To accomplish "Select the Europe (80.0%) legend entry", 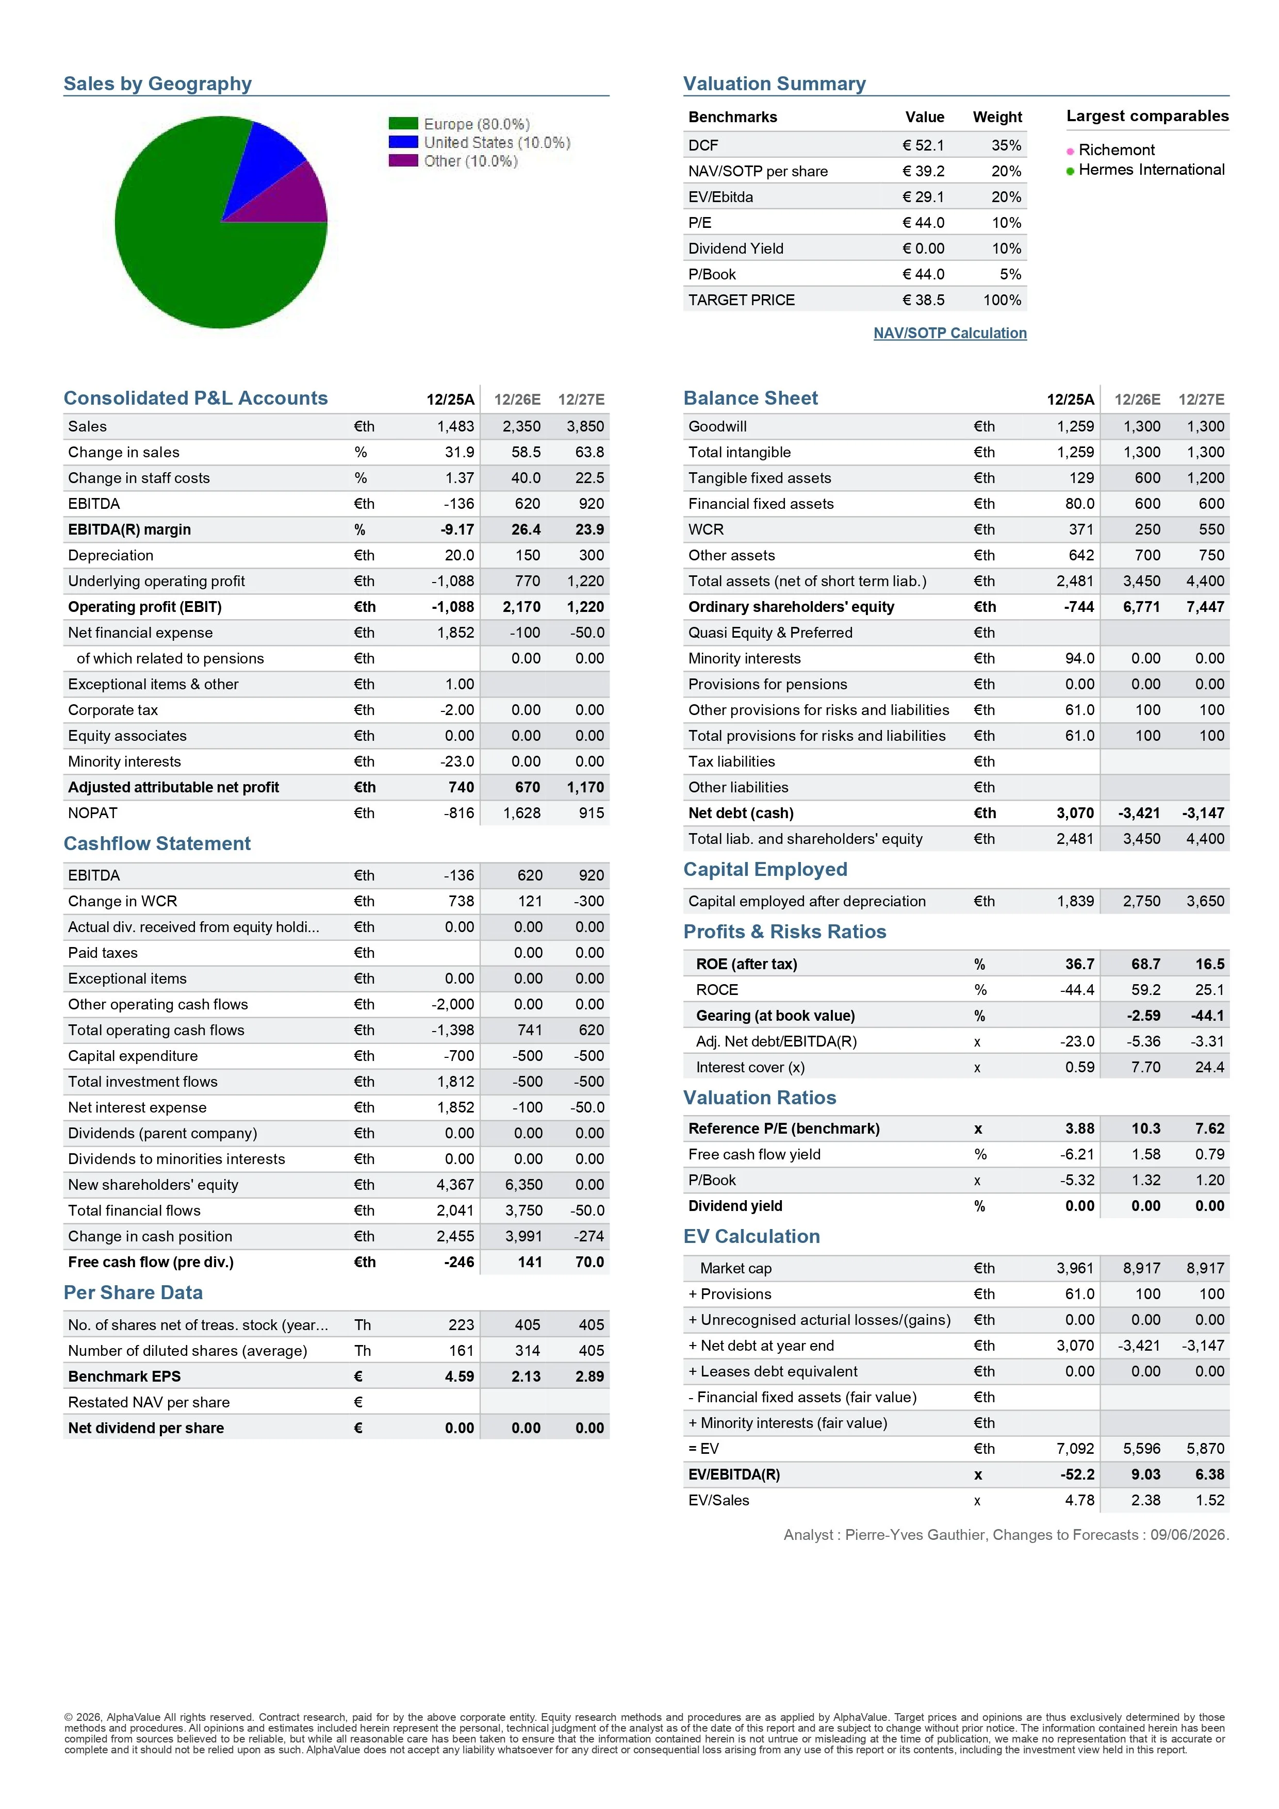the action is tap(458, 124).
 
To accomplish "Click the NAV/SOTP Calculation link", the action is tap(949, 333).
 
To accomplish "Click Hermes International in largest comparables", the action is tap(1151, 170).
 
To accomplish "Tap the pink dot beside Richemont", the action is tap(1070, 151).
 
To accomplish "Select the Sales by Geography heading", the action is tap(158, 84).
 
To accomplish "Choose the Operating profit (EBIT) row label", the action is tap(145, 607).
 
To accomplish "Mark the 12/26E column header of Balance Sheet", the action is tap(1137, 400).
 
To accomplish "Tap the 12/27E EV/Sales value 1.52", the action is tap(1210, 1501).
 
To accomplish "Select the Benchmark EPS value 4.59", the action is tap(460, 1376).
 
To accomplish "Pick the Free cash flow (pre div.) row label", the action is tap(151, 1262).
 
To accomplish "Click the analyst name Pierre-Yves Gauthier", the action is tap(916, 1535).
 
